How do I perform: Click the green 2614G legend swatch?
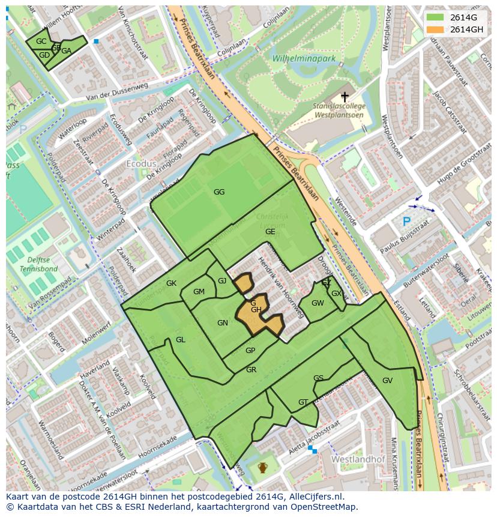point(436,17)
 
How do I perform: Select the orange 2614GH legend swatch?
point(436,29)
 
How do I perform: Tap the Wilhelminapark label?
point(304,59)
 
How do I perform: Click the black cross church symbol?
point(345,96)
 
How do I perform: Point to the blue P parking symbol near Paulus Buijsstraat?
point(406,222)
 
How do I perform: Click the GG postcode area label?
point(219,192)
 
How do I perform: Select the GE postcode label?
point(270,232)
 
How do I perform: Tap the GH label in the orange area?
point(256,310)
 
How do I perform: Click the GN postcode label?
point(223,323)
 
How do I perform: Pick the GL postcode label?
point(181,340)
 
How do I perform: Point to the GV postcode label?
point(387,381)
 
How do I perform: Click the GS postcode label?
point(318,378)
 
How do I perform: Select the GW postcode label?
point(318,303)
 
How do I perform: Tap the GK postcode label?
point(171,283)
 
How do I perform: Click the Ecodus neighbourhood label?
point(141,164)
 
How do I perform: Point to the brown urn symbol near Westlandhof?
point(262,467)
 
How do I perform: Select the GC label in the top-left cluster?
point(41,41)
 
